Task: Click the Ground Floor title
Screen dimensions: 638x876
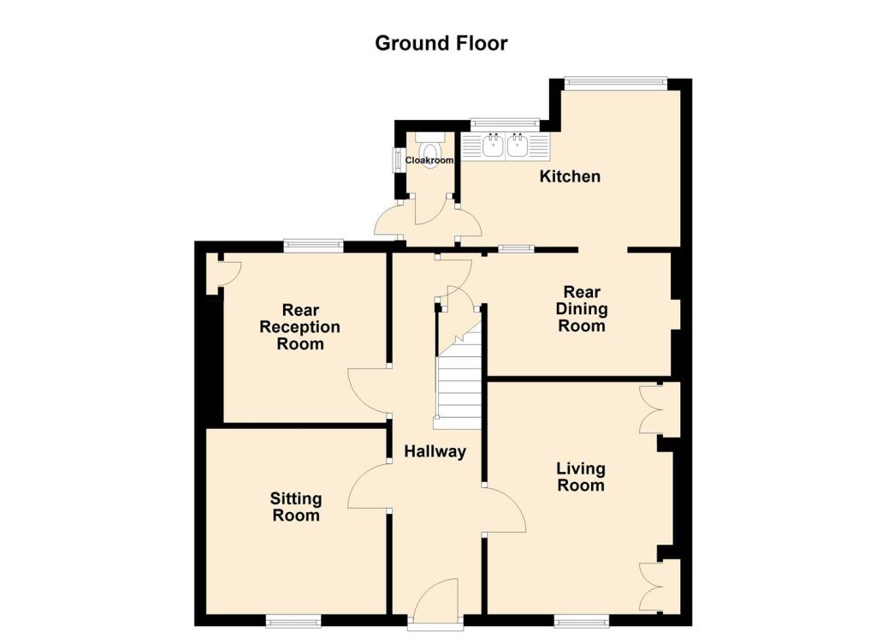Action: point(441,43)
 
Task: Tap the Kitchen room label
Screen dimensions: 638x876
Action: point(569,176)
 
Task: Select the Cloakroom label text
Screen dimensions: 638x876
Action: point(429,160)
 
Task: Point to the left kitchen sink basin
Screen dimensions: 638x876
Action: point(494,147)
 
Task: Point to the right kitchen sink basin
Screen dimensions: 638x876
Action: point(518,147)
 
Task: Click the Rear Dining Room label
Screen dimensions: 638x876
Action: point(582,309)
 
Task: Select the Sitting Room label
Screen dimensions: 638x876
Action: point(296,507)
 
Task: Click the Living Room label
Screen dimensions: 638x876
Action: point(581,477)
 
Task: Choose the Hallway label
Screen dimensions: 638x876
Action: point(435,451)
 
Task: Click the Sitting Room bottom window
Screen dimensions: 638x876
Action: point(293,621)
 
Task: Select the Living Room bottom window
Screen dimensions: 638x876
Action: point(581,621)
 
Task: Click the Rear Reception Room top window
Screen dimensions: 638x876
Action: point(313,246)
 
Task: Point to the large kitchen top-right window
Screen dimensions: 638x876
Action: point(614,83)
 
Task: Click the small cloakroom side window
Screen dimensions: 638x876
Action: point(397,159)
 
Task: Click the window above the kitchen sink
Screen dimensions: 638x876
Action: point(505,124)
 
